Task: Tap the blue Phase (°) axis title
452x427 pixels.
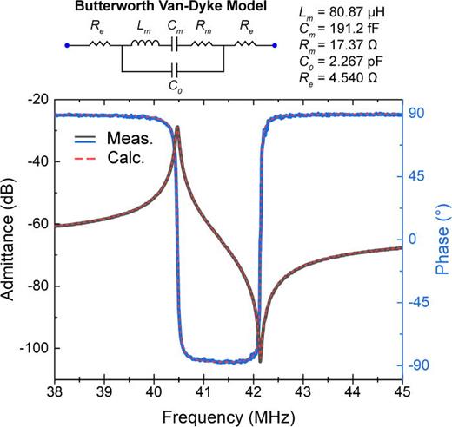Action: (441, 240)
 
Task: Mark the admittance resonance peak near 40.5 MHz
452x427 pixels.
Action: (178, 128)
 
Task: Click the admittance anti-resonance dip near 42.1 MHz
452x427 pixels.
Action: (260, 360)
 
